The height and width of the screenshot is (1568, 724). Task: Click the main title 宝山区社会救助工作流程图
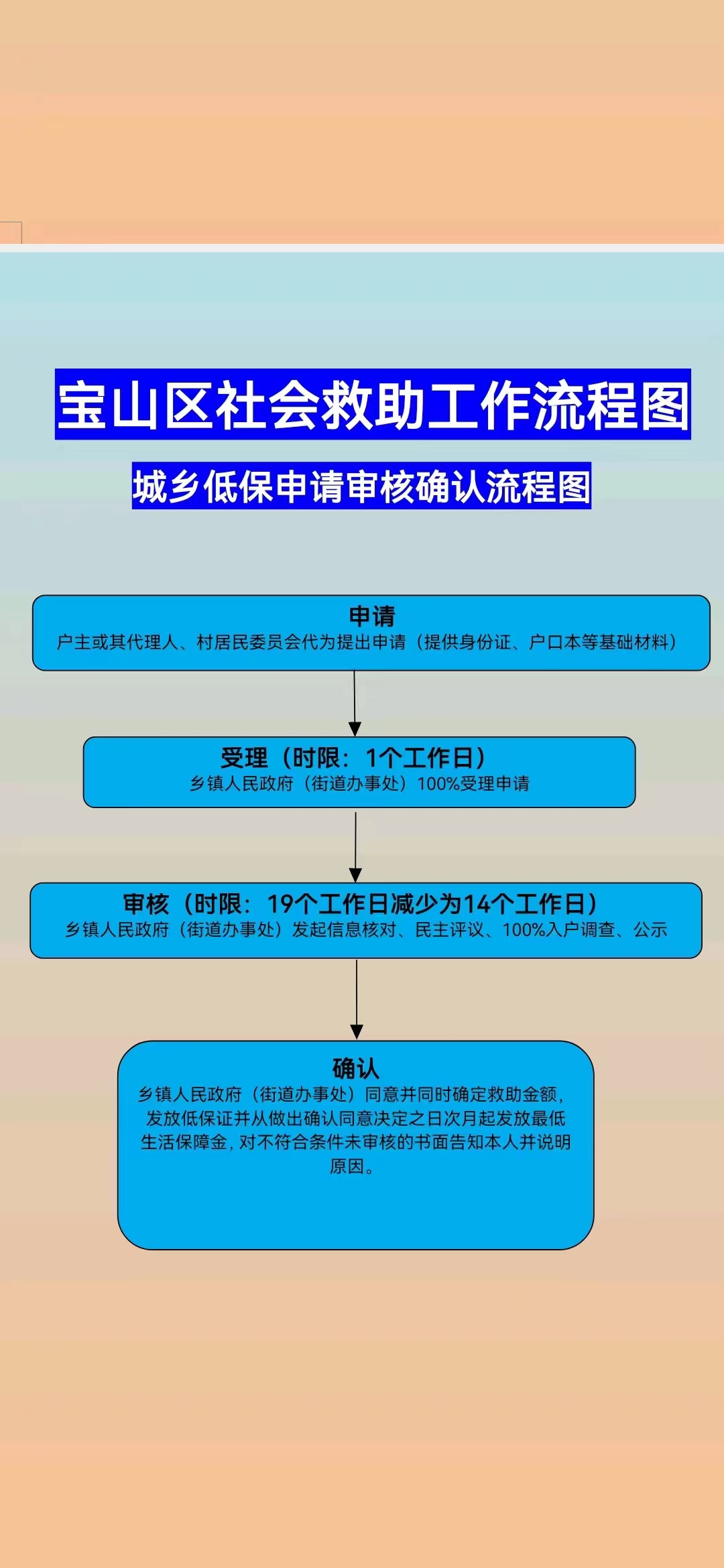click(373, 405)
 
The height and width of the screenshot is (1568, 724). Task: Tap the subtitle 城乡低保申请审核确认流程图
click(361, 486)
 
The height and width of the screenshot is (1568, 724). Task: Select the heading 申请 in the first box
click(372, 616)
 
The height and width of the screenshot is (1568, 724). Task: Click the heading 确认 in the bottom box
click(355, 1067)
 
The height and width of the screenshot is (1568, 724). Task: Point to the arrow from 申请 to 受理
click(355, 704)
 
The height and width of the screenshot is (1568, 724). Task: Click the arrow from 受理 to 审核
click(355, 846)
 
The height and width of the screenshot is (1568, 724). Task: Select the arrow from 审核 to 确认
click(357, 998)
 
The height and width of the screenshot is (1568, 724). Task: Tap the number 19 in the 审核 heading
click(280, 905)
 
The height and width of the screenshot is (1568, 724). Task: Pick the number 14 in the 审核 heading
click(477, 905)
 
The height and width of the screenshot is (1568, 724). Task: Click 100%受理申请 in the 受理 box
click(473, 783)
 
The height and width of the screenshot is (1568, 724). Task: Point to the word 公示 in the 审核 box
click(650, 930)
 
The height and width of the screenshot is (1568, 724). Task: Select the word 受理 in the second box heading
click(244, 759)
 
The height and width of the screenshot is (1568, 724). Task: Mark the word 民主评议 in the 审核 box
click(450, 930)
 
